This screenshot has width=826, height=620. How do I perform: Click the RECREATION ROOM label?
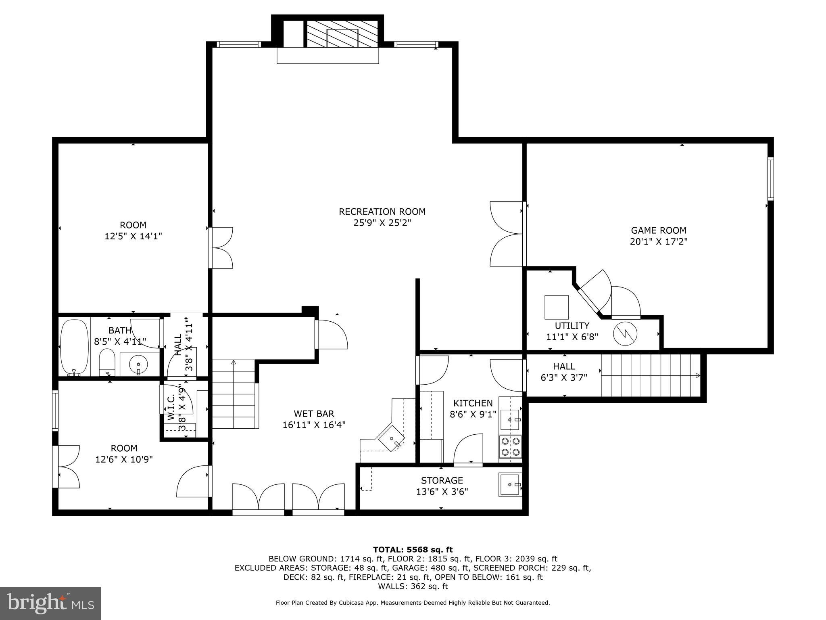[x=382, y=212]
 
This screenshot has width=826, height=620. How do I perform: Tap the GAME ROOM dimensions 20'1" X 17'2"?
[x=658, y=242]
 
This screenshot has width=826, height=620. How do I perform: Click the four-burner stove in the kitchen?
[x=510, y=446]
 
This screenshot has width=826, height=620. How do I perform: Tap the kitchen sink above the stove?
[x=510, y=420]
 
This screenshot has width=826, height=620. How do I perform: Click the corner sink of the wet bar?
[x=391, y=438]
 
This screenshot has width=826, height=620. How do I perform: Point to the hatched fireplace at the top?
[x=342, y=34]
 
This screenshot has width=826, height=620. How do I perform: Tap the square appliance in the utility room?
[x=557, y=307]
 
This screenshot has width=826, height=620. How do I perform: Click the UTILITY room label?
[x=572, y=326]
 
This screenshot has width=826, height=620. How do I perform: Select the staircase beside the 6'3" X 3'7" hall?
[x=651, y=375]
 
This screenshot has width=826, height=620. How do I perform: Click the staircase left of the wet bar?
[x=234, y=394]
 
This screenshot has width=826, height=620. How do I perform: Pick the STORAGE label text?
[x=442, y=480]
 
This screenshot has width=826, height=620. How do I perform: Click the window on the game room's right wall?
[x=770, y=179]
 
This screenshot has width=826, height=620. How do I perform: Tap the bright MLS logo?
[x=50, y=603]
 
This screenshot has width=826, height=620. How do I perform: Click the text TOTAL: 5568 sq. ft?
[x=413, y=549]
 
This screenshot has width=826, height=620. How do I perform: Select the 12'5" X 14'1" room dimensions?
[x=133, y=236]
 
